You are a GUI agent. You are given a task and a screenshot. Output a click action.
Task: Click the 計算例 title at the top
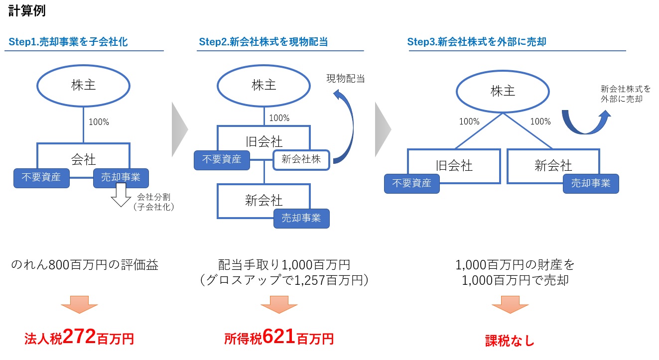pos(27,11)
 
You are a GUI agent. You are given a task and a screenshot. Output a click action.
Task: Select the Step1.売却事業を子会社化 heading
pos(68,42)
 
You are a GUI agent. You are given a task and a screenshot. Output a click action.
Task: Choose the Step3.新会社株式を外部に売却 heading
pos(477,42)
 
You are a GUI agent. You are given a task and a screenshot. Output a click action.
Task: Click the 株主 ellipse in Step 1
pos(83,85)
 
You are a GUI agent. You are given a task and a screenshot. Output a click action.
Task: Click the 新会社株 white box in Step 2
pos(301,160)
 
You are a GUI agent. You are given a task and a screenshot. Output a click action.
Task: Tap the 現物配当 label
pos(346,78)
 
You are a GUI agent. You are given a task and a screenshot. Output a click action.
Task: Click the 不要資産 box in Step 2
pos(222,160)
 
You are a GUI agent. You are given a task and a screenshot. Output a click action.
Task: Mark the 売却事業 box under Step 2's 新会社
pos(301,218)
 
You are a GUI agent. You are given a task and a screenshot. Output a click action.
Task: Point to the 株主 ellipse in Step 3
pos(503,92)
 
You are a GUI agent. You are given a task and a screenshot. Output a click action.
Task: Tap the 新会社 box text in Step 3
pos(553,165)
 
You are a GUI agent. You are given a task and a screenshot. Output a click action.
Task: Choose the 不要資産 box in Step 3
pos(411,183)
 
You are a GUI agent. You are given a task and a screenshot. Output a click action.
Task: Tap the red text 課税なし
pos(510,341)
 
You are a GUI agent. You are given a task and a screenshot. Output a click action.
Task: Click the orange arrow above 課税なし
pos(510,305)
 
